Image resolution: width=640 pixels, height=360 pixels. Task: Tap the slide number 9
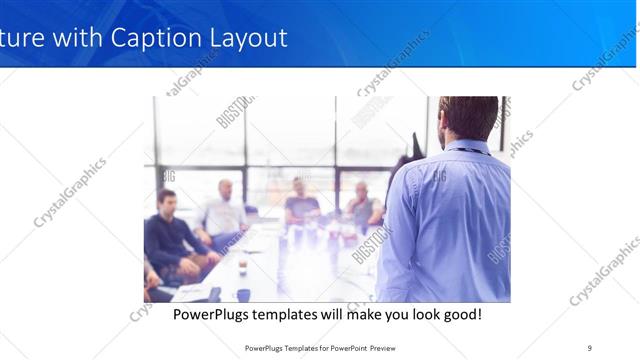tap(589, 348)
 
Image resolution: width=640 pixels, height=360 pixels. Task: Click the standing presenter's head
tap(467, 117)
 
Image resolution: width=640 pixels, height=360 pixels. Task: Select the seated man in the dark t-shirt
tap(301, 204)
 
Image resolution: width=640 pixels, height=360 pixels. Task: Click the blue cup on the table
tap(243, 295)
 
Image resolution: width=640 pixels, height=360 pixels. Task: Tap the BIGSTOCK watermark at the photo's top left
tap(235, 110)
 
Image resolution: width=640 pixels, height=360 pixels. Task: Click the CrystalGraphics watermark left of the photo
tap(70, 192)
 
